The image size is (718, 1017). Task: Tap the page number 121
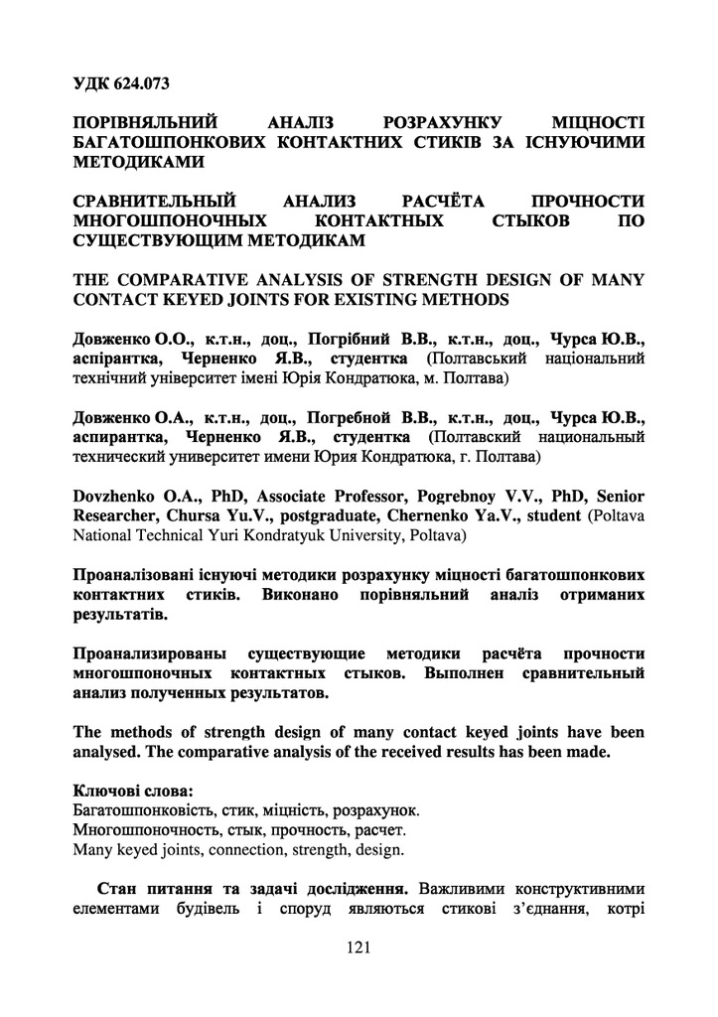pos(359,947)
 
